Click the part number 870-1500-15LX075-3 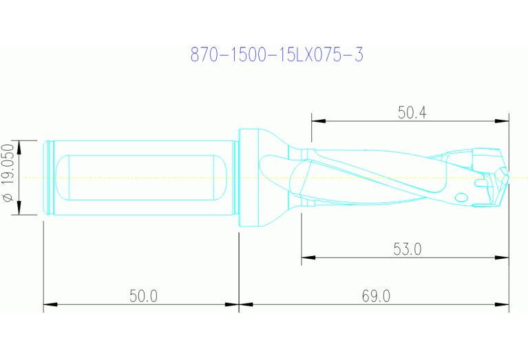[276, 55]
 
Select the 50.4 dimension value [412, 113]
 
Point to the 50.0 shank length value [143, 296]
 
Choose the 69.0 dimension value [376, 296]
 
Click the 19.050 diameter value [8, 169]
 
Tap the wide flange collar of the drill [249, 178]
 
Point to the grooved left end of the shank [48, 178]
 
